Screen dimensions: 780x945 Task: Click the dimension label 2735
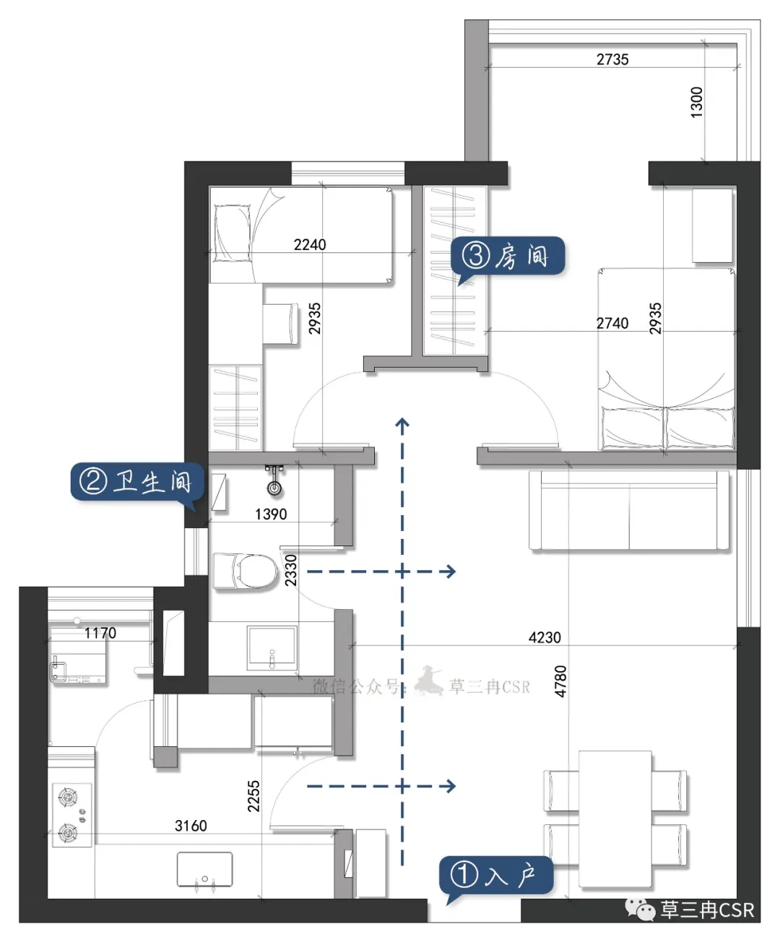click(x=612, y=59)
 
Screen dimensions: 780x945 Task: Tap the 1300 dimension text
click(x=696, y=103)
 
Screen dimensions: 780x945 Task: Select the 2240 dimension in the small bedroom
click(x=309, y=245)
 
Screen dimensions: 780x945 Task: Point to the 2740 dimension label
click(x=612, y=323)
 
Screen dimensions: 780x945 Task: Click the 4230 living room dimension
click(x=545, y=638)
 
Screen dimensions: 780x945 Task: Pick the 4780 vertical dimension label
click(x=560, y=681)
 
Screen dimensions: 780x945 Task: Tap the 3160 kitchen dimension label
click(x=191, y=826)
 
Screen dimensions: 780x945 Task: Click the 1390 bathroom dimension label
click(x=271, y=514)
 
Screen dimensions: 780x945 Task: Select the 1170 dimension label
click(x=100, y=633)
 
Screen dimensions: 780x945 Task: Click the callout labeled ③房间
click(x=508, y=256)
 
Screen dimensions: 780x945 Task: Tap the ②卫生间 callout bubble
click(x=137, y=483)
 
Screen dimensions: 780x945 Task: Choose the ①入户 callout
click(x=496, y=876)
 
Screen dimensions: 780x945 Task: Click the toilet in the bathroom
click(x=245, y=571)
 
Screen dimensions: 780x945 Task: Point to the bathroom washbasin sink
click(x=272, y=647)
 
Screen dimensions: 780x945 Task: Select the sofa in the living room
click(x=629, y=511)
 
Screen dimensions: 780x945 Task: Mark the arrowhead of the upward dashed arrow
click(x=402, y=423)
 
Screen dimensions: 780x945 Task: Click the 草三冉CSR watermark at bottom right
click(x=707, y=910)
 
